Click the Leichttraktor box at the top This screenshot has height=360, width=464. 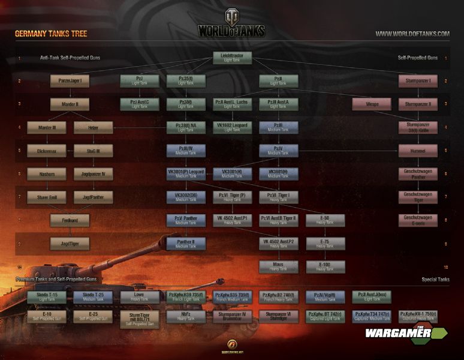coord(231,58)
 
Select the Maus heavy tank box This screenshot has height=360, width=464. coord(278,266)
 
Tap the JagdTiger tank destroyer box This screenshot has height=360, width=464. coord(70,243)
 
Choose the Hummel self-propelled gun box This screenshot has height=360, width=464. coord(417,151)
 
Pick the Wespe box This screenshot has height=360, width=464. coord(372,104)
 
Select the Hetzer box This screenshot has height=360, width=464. coord(93,127)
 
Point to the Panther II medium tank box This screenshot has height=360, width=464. coord(185,243)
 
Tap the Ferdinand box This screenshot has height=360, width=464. coord(70,220)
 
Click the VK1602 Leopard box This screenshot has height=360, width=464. coord(231,127)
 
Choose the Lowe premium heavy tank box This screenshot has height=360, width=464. coord(139,296)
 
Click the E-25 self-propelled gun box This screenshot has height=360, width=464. coord(93,316)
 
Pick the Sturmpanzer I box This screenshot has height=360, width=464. coord(417,81)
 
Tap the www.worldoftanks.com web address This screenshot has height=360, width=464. coord(412,34)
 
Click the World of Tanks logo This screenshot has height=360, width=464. coord(231,24)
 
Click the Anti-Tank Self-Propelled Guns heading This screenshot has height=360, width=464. coord(70,58)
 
